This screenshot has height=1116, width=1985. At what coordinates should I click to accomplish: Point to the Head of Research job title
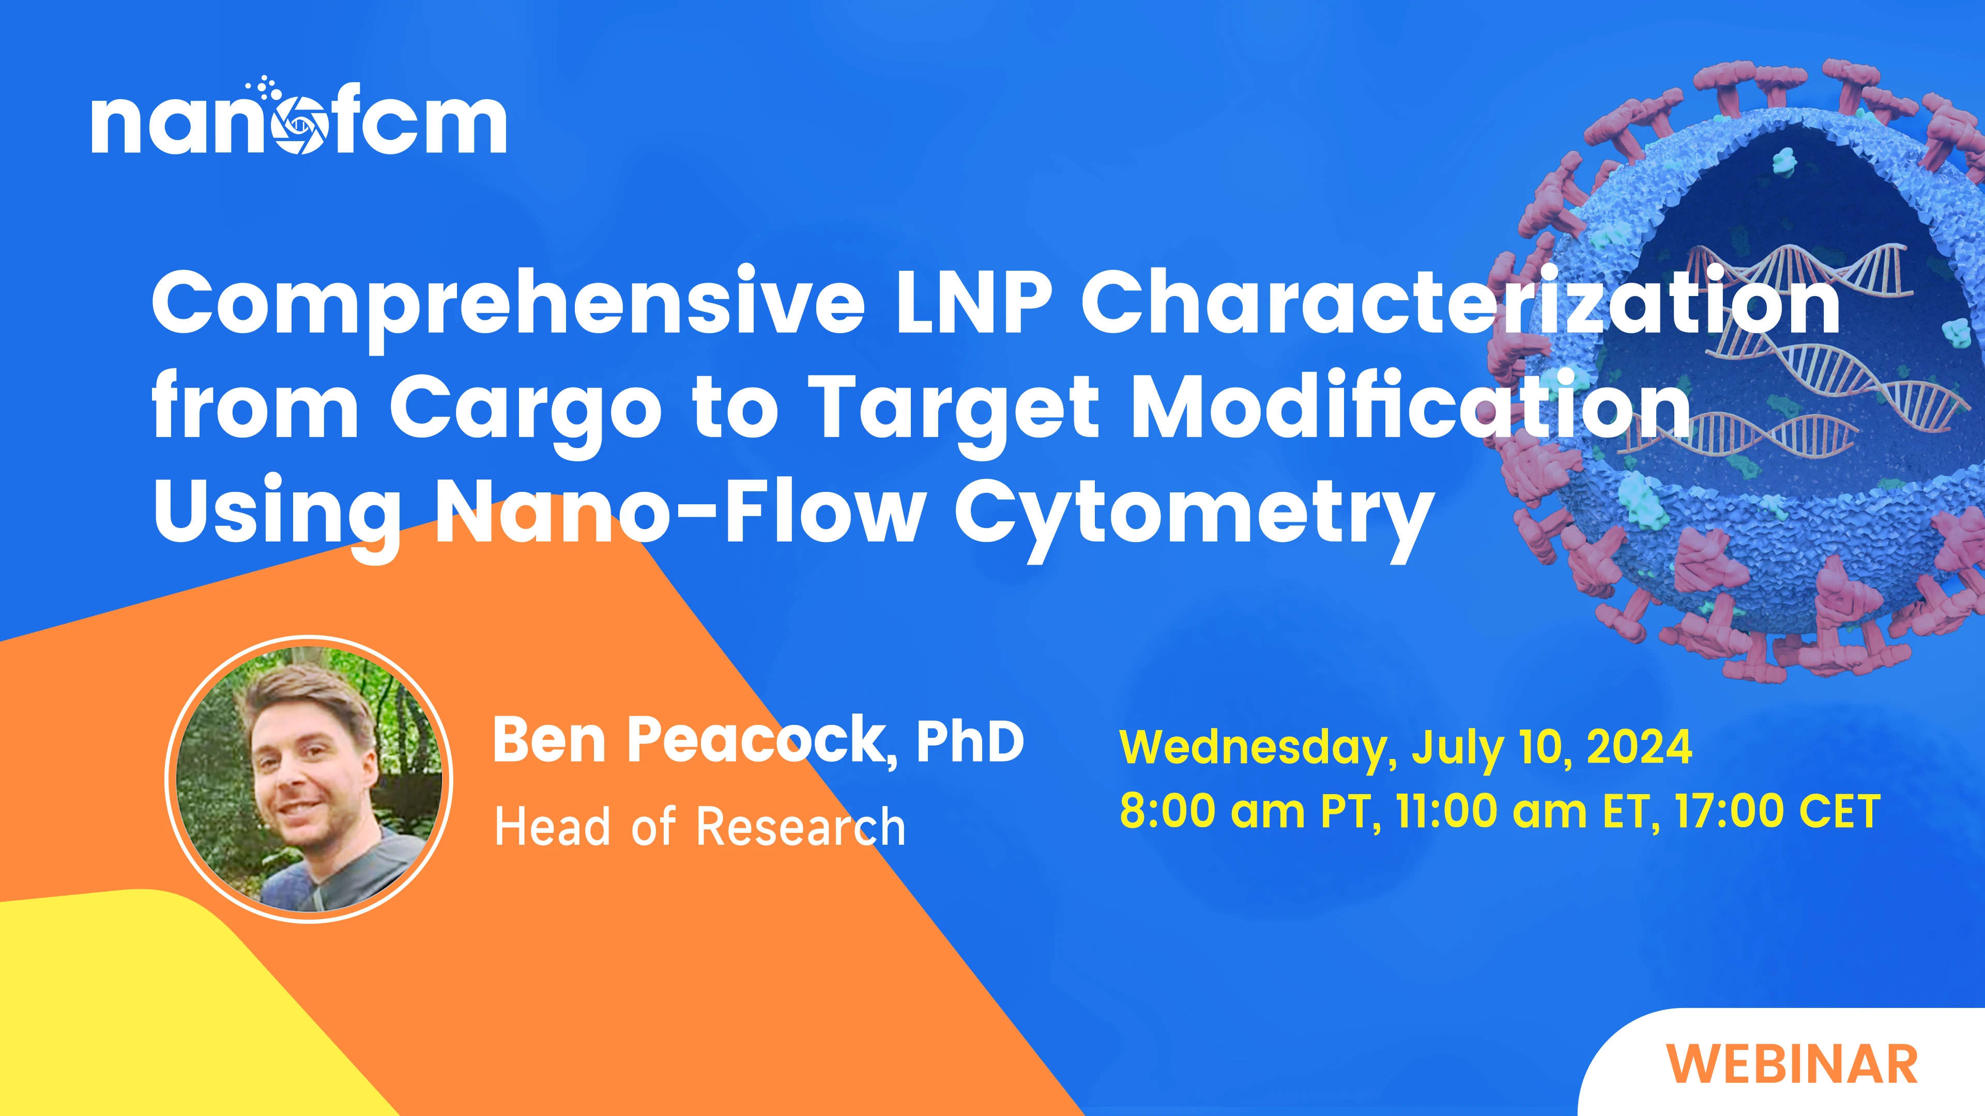click(x=700, y=827)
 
